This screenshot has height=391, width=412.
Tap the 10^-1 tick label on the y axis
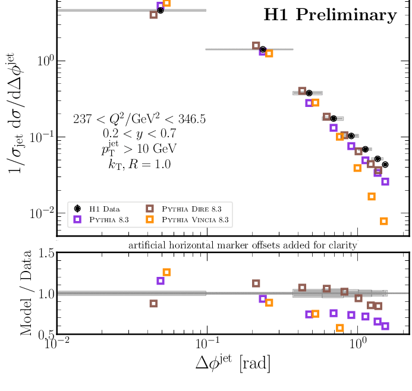(43, 137)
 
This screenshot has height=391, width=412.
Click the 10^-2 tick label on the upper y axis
(43, 213)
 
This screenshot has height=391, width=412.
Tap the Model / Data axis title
(26, 294)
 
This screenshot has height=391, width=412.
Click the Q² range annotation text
(139, 119)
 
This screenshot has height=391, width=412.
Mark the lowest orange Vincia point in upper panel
(383, 221)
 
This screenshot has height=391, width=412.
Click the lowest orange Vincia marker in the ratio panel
(340, 327)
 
